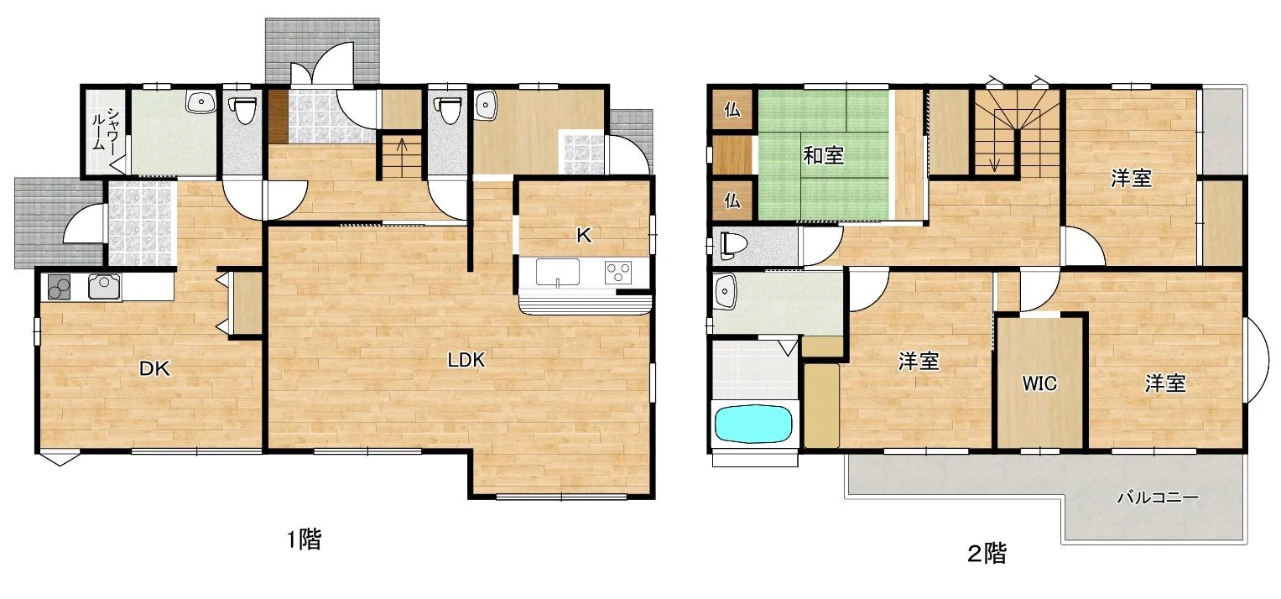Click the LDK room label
466,360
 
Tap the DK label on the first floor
154,368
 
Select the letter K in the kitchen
583,235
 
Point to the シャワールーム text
105,129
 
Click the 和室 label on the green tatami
824,155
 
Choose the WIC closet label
1039,383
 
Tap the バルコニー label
1158,497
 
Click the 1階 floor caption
304,539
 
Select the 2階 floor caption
987,553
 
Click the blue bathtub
753,424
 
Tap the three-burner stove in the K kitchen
618,273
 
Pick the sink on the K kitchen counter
557,273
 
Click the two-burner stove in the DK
60,287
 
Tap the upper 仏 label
732,109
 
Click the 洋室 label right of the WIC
1165,383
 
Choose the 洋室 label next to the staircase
1131,179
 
